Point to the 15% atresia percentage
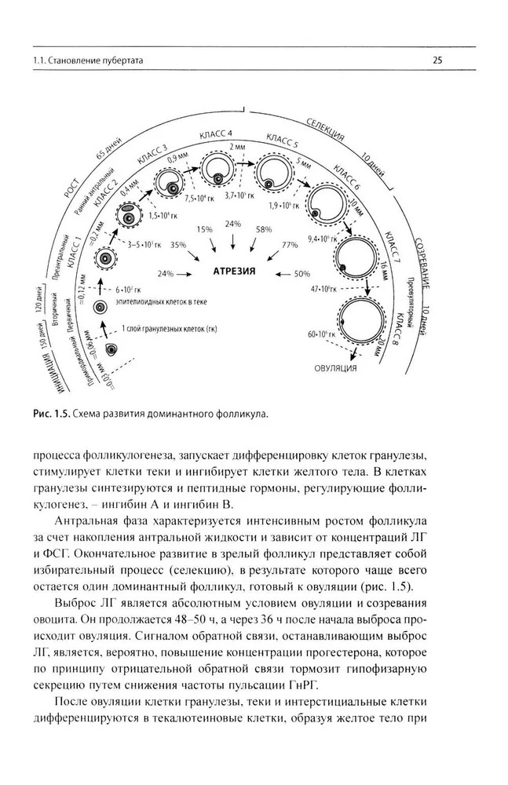(205, 229)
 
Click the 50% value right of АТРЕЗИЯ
(302, 276)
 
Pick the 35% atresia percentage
(177, 245)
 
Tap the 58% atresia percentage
(263, 229)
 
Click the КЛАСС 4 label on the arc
(223, 134)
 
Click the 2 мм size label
(237, 147)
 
